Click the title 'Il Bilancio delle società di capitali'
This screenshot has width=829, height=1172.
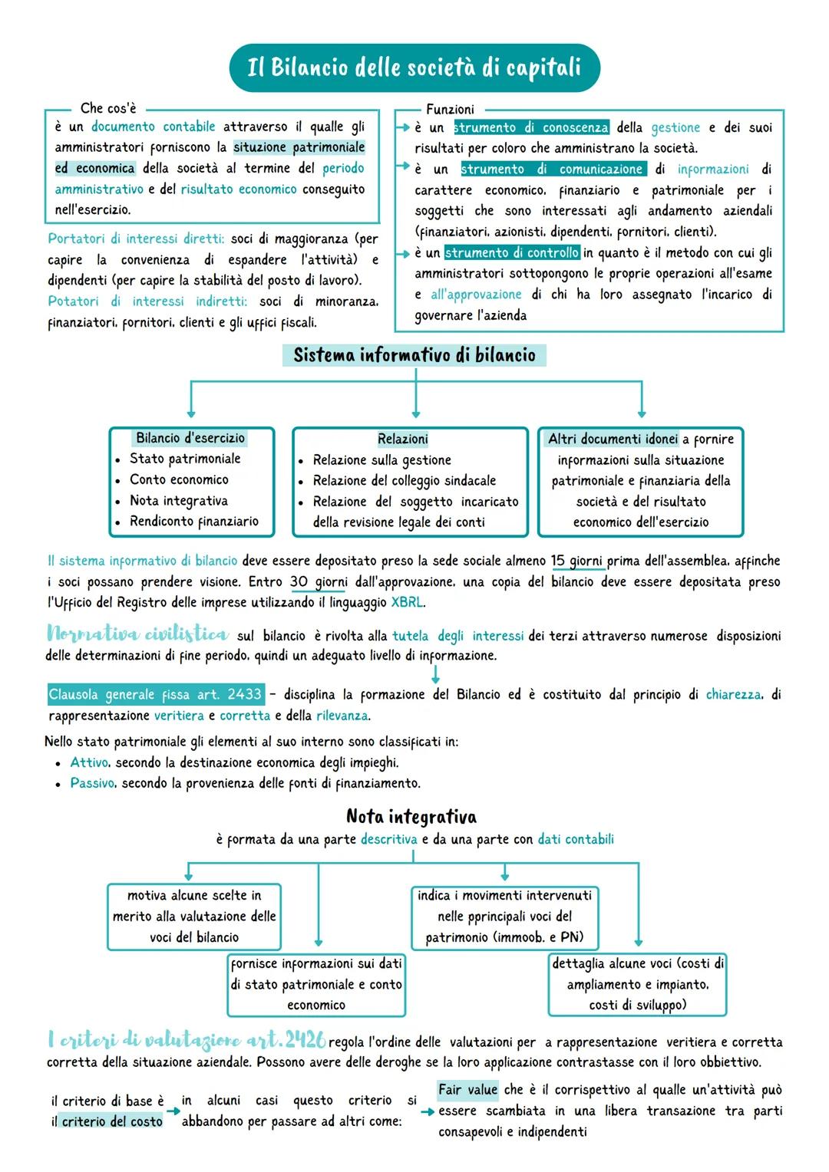[x=414, y=67]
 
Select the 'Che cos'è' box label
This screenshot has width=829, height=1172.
[x=108, y=108]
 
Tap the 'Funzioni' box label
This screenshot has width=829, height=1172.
[x=450, y=110]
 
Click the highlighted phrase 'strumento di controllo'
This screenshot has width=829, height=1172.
[x=511, y=252]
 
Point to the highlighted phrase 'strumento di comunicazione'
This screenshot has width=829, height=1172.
[x=552, y=169]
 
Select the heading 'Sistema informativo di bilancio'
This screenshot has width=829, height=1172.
[x=414, y=355]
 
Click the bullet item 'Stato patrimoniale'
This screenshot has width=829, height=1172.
[x=185, y=459]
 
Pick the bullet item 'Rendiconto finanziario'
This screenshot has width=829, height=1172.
[x=193, y=522]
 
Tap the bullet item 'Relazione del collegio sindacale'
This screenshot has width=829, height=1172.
[x=404, y=481]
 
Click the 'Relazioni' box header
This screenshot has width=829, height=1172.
[x=403, y=439]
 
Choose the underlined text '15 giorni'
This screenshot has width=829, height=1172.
[x=577, y=561]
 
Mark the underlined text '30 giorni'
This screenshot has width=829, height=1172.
[x=318, y=582]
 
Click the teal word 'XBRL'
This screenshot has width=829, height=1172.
[x=407, y=603]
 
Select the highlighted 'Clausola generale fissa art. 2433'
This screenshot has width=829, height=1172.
[x=155, y=695]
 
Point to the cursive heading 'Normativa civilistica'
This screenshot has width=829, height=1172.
[x=137, y=634]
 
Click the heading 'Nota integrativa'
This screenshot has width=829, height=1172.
[x=411, y=816]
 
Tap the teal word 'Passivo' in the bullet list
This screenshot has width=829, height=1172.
[x=92, y=783]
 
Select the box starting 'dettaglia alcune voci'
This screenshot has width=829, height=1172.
[x=637, y=984]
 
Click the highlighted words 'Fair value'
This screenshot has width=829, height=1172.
[x=467, y=1090]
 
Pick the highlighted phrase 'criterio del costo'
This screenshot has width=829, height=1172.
[x=112, y=1121]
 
